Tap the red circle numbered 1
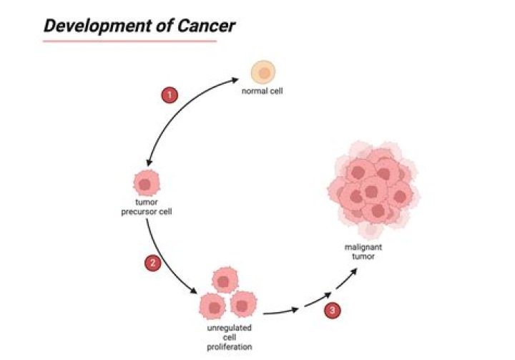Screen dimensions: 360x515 tap(170, 94)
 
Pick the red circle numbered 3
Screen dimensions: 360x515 tap(331, 311)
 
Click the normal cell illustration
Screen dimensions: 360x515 tap(263, 72)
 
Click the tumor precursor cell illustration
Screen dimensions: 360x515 tap(144, 185)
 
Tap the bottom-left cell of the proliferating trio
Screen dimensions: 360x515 tap(212, 305)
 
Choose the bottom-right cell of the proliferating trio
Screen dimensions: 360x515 tap(243, 305)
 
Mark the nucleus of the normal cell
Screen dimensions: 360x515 tap(264, 72)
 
